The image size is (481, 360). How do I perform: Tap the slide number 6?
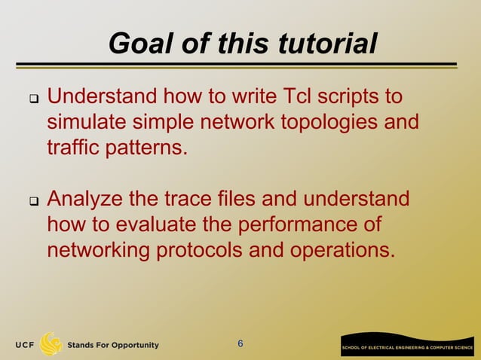click(240, 344)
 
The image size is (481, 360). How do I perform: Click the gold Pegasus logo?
click(51, 343)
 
